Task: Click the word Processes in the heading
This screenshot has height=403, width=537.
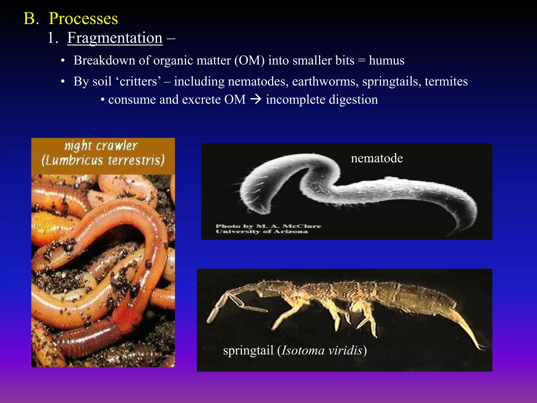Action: [x=83, y=19]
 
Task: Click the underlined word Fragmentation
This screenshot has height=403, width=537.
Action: [x=115, y=38]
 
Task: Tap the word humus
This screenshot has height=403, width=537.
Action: [x=386, y=61]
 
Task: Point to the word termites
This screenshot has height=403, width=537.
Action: [x=446, y=82]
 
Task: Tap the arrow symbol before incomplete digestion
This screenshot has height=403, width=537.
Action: [x=256, y=100]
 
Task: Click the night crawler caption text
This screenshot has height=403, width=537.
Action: [x=101, y=146]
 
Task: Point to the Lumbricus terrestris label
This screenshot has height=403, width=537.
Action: [x=103, y=160]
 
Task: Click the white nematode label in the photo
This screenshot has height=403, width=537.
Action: [x=377, y=158]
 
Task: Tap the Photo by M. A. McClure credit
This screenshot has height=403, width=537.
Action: [x=268, y=226]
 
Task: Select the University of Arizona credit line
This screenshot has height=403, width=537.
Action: [x=262, y=232]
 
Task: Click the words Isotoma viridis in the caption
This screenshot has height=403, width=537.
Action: [x=322, y=351]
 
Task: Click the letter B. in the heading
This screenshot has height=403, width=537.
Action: [x=31, y=19]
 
